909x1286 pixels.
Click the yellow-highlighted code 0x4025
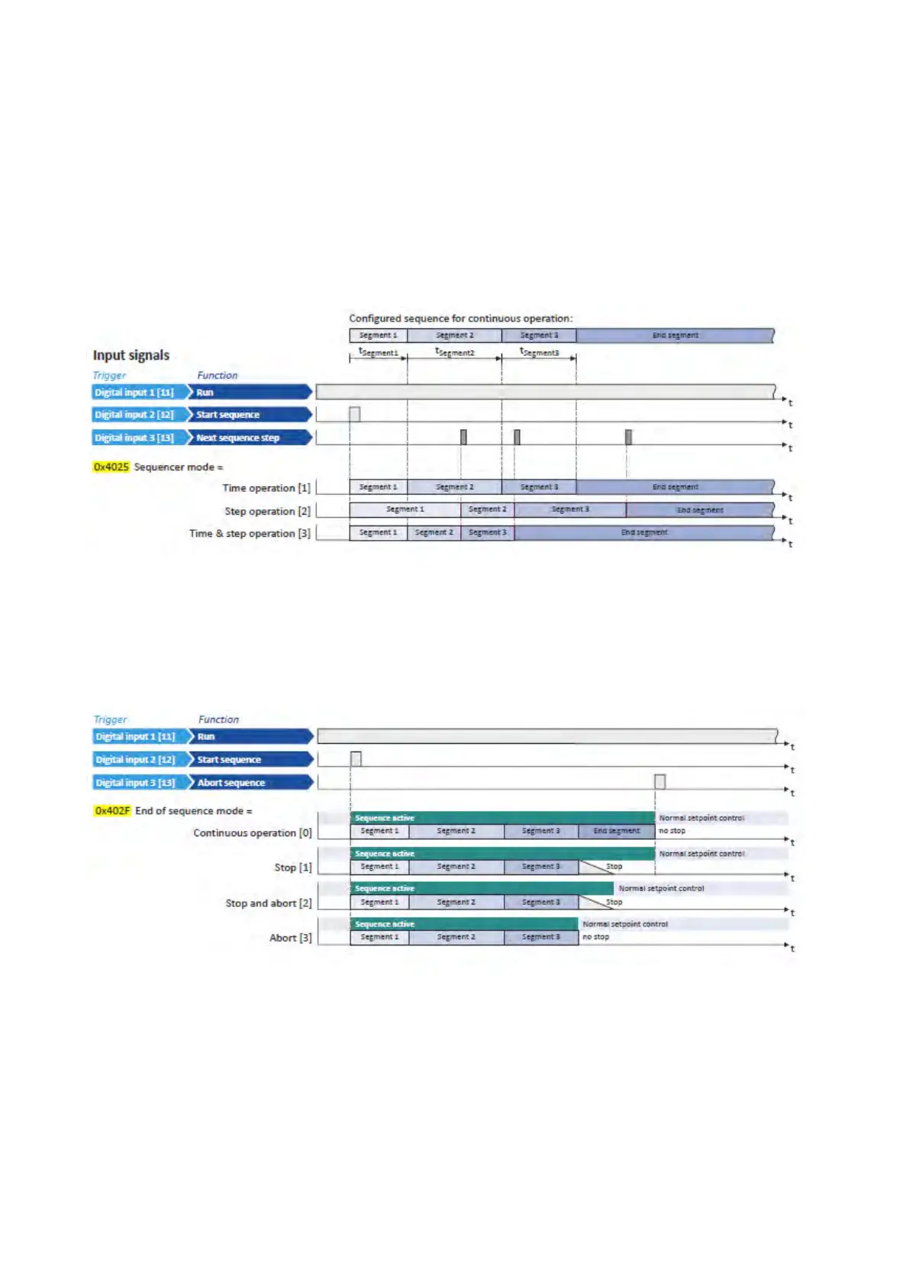coord(111,467)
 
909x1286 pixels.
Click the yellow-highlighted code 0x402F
coord(112,810)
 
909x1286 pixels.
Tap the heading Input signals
coord(131,355)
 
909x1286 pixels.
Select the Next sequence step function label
coord(237,438)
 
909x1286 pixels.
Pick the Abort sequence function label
coord(230,783)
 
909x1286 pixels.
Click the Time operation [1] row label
coord(266,488)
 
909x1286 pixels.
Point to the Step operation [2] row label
coord(267,511)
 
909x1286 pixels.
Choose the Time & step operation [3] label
coord(250,533)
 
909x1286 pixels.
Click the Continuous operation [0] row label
coord(252,832)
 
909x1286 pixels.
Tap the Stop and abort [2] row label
coord(268,903)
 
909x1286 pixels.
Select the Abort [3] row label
coord(290,937)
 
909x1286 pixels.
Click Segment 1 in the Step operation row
coord(405,509)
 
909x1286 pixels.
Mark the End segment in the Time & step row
coord(643,532)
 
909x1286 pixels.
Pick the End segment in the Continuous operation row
coord(617,831)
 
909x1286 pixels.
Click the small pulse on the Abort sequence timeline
coord(659,781)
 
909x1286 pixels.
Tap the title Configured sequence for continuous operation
coord(460,318)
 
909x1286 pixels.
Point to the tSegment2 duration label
coord(454,352)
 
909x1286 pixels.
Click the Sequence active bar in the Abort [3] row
coord(464,924)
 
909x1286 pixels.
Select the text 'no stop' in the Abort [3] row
coord(596,937)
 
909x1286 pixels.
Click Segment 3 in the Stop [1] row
coord(540,867)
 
